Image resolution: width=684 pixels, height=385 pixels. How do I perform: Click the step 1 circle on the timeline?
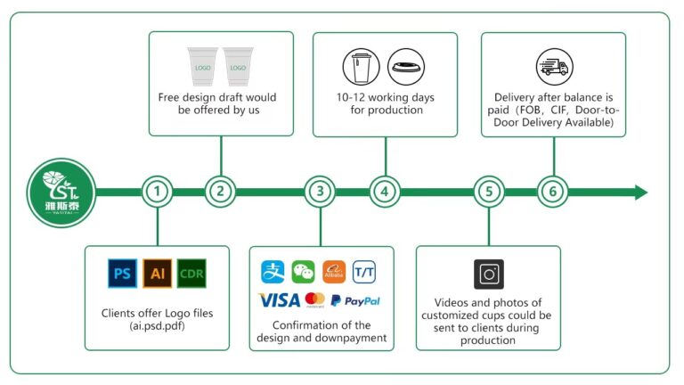coord(157,192)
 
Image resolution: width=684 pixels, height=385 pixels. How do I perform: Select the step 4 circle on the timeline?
coord(385,192)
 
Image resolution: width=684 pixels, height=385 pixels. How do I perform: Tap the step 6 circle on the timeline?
coord(553,192)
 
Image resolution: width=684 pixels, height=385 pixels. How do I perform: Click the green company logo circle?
coord(61,192)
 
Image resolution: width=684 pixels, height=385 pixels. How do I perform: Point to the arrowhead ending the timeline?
coord(641,192)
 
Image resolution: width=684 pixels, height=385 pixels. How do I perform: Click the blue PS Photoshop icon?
coord(123,274)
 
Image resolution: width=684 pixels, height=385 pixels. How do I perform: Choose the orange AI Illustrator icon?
coord(157,274)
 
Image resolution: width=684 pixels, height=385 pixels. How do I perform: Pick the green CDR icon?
coord(191,274)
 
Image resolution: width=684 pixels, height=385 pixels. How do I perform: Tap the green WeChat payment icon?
coord(303,272)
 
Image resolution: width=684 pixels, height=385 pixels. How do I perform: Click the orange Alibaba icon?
coord(334,272)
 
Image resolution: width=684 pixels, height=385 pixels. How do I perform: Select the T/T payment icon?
coord(364,272)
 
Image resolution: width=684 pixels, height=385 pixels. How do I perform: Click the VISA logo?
coord(279,300)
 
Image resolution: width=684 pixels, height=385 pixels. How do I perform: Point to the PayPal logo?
coord(355,300)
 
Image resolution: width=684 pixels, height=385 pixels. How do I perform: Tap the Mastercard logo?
coord(315,299)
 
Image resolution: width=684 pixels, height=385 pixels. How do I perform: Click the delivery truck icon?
coord(555,67)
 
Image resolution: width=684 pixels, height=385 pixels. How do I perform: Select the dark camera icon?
coord(489,274)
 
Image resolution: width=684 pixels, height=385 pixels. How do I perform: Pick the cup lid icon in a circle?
coord(406,67)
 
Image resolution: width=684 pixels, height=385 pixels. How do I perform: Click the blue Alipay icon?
coord(273,272)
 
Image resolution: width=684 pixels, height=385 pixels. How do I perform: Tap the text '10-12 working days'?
coord(385,97)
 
